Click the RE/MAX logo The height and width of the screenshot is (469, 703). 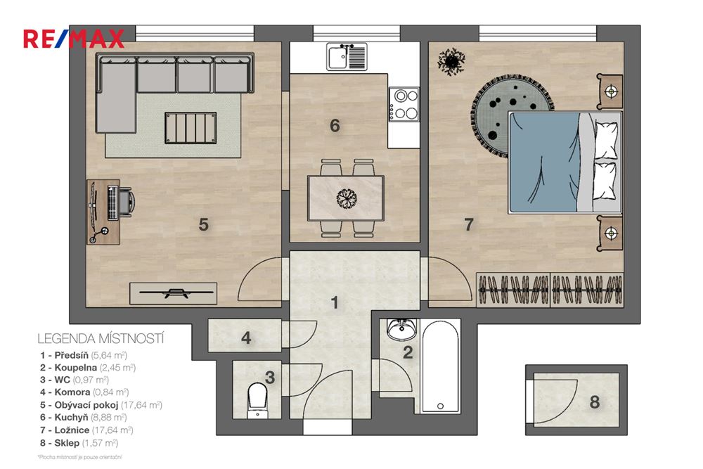[74, 38]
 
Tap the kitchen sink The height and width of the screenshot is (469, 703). [347, 56]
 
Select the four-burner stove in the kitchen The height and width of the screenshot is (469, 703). [404, 103]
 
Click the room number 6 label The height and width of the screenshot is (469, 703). [335, 126]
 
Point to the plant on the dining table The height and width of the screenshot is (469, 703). [346, 198]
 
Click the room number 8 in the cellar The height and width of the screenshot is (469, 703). [595, 402]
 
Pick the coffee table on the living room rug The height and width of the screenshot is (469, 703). [189, 127]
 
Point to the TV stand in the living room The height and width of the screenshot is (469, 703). [174, 292]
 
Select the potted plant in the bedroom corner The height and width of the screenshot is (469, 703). [451, 62]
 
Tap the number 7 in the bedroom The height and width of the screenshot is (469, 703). [469, 225]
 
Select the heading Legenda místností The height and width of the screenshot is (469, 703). [100, 340]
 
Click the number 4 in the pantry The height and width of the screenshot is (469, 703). [246, 338]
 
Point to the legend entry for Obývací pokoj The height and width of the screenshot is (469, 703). [103, 405]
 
